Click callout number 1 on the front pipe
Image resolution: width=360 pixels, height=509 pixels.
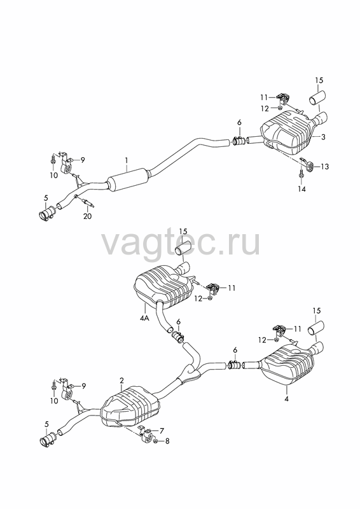click(127, 160)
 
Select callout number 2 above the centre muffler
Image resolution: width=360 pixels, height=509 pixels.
click(121, 380)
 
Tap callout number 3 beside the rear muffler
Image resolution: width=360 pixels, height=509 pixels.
click(323, 137)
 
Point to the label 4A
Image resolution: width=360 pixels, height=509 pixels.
click(144, 318)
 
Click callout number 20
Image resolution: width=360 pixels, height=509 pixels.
click(88, 216)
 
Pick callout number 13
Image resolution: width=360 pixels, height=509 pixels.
click(324, 167)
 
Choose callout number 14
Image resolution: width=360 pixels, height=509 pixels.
click(302, 188)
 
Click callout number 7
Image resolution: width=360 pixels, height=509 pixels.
click(162, 431)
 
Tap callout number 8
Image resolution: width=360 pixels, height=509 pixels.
click(167, 441)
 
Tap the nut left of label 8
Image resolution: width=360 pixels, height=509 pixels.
click(155, 441)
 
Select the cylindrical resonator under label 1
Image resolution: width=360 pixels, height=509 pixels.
click(128, 180)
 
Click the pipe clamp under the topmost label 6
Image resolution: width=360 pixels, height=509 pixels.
click(239, 141)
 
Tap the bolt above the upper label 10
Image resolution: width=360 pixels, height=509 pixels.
click(53, 160)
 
